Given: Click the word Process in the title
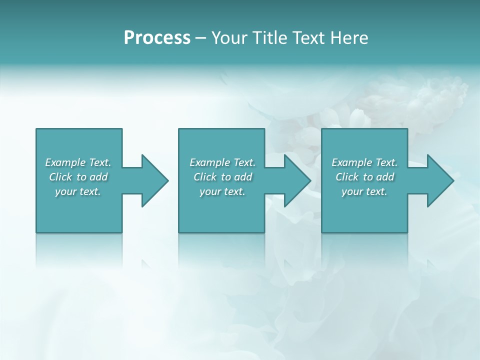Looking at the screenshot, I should coord(157,37).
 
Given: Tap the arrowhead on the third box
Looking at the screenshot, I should coord(439,180).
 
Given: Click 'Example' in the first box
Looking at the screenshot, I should coord(65,162).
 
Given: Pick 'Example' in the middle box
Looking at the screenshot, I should coord(209,162).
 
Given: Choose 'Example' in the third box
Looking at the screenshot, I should coord(351,162).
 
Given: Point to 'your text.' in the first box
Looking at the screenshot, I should coord(78,191).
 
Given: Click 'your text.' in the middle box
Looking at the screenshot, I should coord(222,191).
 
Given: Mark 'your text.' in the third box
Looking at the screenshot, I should coord(364,191).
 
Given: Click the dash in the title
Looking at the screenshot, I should coord(201,38).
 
